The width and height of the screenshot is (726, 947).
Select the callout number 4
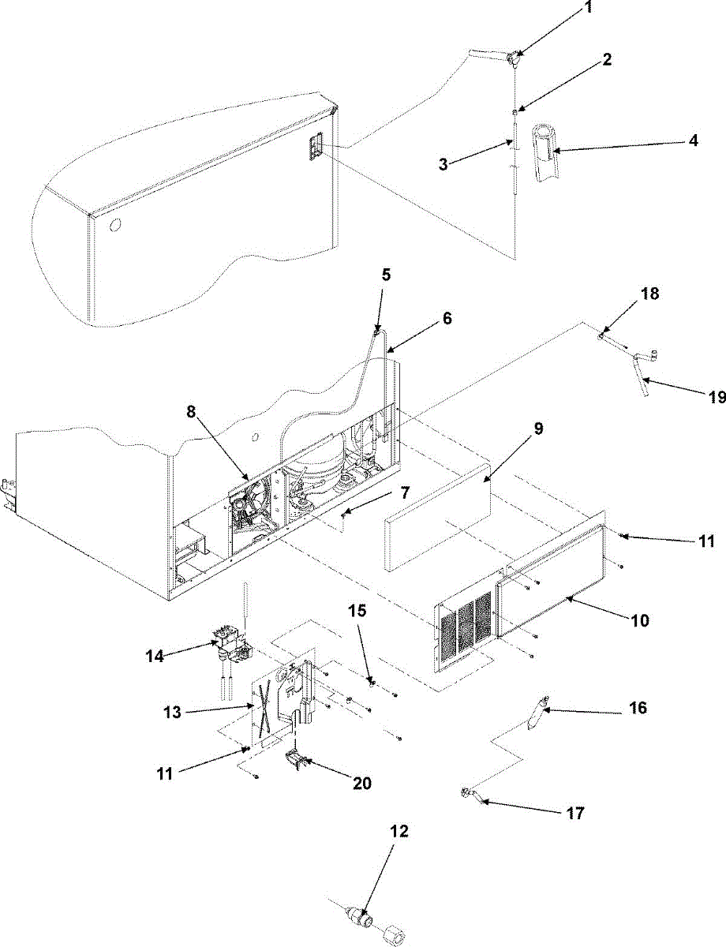693,141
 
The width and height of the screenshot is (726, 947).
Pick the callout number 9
537,429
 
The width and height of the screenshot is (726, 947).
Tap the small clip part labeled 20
296,763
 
